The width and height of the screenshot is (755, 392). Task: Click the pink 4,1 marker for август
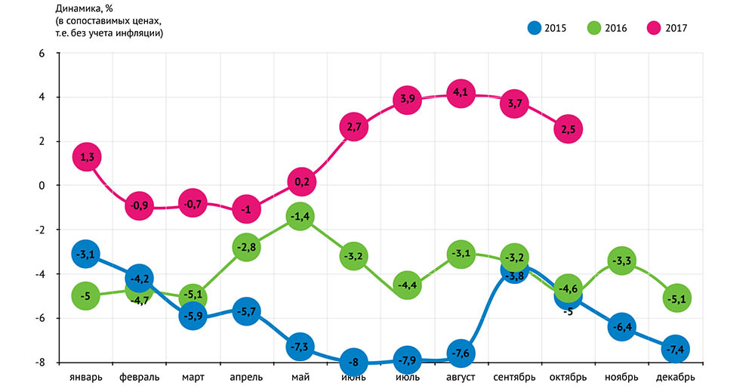pyautogui.click(x=461, y=94)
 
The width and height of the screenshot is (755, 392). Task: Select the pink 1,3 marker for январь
pyautogui.click(x=86, y=157)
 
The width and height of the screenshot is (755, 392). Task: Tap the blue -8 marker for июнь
pyautogui.click(x=353, y=361)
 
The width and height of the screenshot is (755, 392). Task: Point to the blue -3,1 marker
pyautogui.click(x=86, y=254)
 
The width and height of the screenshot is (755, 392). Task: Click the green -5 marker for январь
pyautogui.click(x=86, y=296)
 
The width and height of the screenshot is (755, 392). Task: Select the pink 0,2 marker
pyautogui.click(x=300, y=181)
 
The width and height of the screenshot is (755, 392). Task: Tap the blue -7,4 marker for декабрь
pyautogui.click(x=675, y=349)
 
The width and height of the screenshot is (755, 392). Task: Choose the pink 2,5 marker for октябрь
pyautogui.click(x=568, y=129)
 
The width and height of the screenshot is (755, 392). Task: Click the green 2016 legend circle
pyautogui.click(x=594, y=28)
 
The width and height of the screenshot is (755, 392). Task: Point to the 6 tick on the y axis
pyautogui.click(x=42, y=54)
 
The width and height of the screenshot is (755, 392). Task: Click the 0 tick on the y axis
pyautogui.click(x=42, y=186)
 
